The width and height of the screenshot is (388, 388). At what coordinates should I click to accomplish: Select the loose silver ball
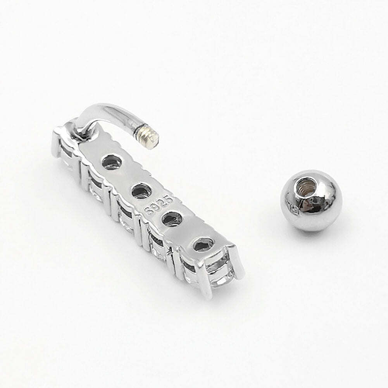point(312,200)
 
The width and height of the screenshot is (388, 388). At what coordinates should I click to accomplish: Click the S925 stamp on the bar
point(159,205)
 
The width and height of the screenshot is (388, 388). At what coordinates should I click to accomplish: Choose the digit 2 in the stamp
point(162,202)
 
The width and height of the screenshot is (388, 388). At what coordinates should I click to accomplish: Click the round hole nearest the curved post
point(112,162)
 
